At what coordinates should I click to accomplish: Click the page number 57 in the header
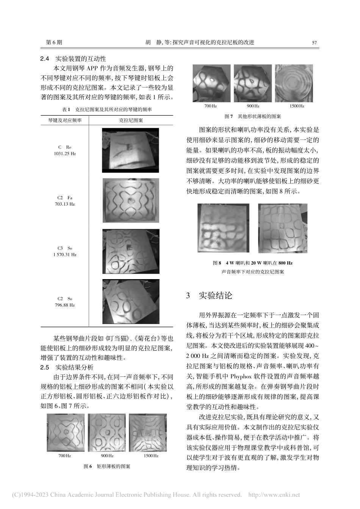[314, 43]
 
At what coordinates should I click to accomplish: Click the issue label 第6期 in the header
[54, 43]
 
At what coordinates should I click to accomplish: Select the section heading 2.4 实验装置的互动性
[73, 59]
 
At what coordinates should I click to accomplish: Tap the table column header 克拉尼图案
[131, 120]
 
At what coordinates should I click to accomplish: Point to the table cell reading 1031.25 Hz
[65, 154]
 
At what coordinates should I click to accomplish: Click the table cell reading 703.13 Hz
[65, 204]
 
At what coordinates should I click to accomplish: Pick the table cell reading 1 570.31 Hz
[65, 255]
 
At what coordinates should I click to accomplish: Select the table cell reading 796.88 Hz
[65, 305]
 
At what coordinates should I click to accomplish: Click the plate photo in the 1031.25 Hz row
[130, 150]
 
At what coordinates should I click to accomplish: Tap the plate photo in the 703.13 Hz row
[130, 200]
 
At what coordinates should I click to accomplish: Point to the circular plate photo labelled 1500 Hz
[294, 83]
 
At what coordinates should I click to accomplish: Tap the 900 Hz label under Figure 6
[107, 456]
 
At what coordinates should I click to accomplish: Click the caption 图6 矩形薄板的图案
[107, 467]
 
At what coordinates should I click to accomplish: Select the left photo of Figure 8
[223, 228]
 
